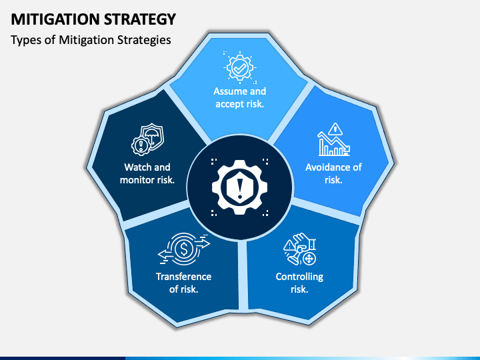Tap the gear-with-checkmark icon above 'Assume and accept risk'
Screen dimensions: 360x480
click(239, 68)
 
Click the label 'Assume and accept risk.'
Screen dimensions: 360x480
click(239, 97)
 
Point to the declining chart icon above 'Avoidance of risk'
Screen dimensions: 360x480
click(333, 139)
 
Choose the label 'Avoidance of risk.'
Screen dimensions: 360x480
click(333, 173)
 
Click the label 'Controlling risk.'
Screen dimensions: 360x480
click(299, 283)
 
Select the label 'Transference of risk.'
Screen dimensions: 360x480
click(183, 283)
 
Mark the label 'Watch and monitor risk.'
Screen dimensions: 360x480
click(147, 173)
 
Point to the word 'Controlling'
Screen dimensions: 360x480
click(299, 277)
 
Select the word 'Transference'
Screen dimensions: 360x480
click(183, 277)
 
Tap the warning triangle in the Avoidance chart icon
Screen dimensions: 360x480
click(336, 129)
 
